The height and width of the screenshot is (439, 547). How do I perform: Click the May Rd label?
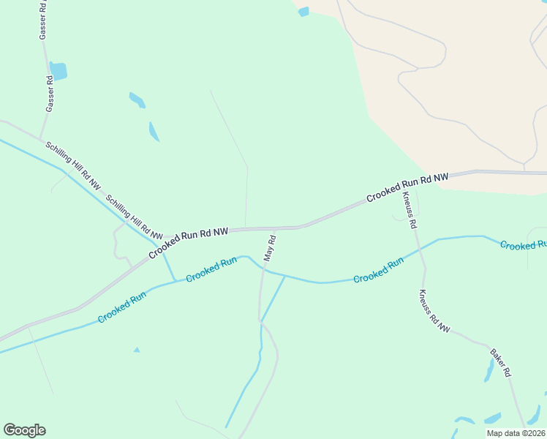click(x=269, y=249)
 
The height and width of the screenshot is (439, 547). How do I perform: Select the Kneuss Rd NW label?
click(x=434, y=312)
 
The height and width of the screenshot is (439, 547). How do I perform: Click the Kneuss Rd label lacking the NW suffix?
click(x=408, y=211)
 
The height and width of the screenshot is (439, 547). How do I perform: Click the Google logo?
click(x=25, y=429)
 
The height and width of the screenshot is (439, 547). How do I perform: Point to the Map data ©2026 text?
click(x=516, y=433)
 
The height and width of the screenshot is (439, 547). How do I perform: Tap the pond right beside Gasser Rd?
click(x=59, y=71)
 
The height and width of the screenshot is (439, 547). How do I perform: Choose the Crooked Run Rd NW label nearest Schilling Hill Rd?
click(x=189, y=243)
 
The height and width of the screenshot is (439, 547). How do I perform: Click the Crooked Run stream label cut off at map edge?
click(x=523, y=244)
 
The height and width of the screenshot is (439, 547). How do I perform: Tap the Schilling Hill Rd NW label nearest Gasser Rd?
click(x=72, y=166)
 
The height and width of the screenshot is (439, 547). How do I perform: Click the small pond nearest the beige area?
click(x=303, y=12)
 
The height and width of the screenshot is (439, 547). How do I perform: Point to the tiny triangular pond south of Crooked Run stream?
click(x=137, y=350)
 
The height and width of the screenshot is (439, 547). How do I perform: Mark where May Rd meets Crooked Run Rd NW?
click(x=273, y=228)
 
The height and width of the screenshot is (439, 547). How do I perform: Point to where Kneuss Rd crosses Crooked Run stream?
click(x=420, y=249)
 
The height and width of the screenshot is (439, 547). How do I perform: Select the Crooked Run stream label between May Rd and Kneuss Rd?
click(x=378, y=271)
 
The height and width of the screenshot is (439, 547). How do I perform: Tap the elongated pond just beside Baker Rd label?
click(x=488, y=370)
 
